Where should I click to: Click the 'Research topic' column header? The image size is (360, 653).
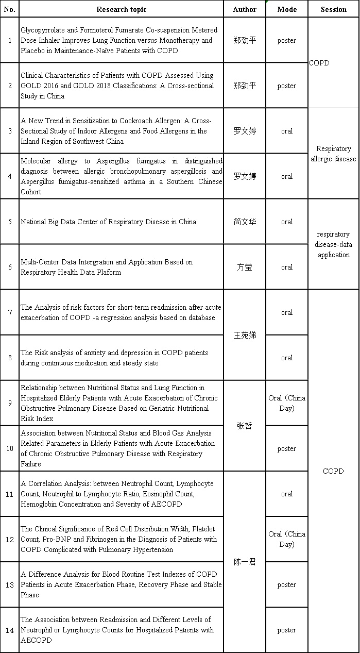tap(121, 9)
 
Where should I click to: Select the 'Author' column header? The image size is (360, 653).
tap(245, 9)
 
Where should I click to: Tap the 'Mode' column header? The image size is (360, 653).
tap(287, 9)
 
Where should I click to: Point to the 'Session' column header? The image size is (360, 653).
tap(334, 9)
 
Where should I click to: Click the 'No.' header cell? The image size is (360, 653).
tap(10, 9)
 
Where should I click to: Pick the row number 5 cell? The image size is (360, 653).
tap(10, 222)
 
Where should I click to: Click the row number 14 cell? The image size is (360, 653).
tap(10, 630)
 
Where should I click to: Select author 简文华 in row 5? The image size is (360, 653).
tap(245, 222)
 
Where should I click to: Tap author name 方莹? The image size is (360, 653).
tap(245, 267)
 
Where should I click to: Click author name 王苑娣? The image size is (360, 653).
tap(245, 335)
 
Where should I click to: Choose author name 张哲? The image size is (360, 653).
tap(245, 426)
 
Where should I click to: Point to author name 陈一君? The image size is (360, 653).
tap(245, 562)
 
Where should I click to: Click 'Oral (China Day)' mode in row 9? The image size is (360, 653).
tap(287, 403)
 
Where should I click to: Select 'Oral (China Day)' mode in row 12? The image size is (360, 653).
tap(287, 539)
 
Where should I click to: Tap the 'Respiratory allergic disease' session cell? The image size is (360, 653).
tap(333, 154)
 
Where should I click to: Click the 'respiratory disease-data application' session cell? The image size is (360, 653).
tap(333, 244)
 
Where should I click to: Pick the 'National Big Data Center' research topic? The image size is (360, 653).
tap(108, 222)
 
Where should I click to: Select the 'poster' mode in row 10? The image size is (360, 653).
tap(287, 448)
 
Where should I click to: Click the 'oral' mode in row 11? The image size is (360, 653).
tap(287, 494)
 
